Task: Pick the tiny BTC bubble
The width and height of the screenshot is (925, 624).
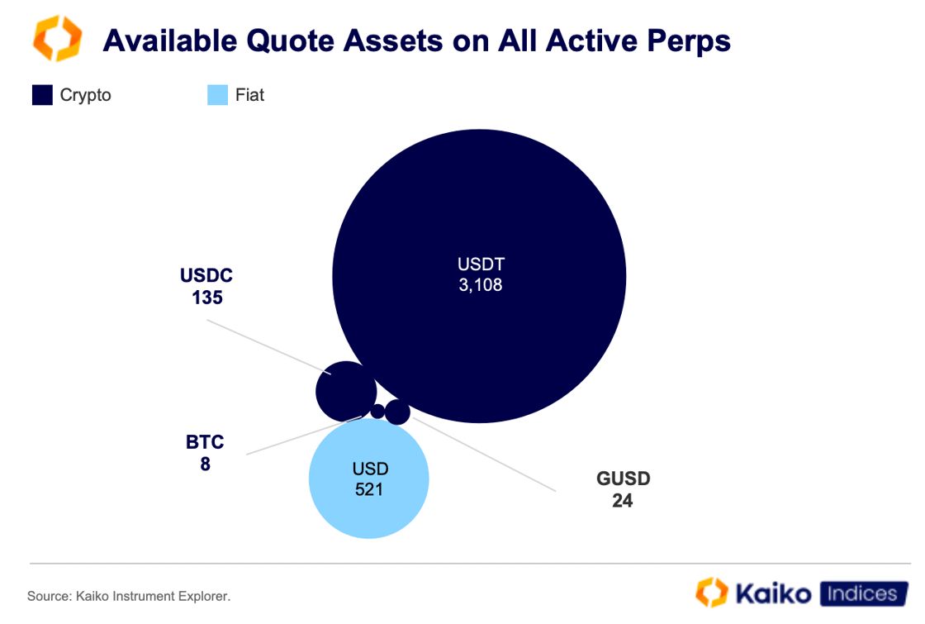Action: (377, 411)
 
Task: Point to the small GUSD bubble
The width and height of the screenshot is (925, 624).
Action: (397, 412)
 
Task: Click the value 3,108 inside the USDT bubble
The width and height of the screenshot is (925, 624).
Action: (481, 286)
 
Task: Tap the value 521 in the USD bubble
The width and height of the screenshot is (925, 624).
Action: (369, 489)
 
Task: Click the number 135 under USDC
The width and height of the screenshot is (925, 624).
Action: (207, 298)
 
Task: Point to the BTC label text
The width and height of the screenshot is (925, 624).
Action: (205, 442)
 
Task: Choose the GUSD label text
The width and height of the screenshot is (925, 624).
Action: (623, 479)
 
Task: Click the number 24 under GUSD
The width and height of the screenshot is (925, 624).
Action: (623, 500)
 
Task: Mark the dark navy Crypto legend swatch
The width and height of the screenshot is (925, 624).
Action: (42, 95)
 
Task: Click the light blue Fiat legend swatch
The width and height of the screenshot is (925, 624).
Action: (217, 95)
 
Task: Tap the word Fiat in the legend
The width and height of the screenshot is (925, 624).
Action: (249, 95)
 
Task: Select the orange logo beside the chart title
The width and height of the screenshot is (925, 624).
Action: (57, 39)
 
